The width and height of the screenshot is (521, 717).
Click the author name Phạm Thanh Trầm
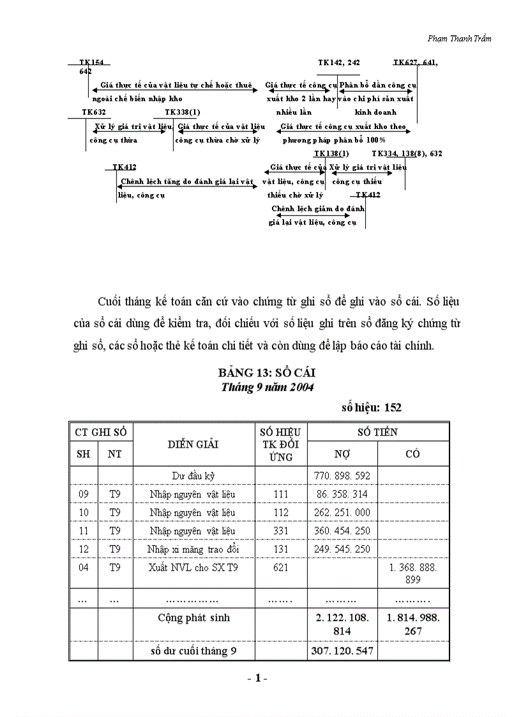coord(459,38)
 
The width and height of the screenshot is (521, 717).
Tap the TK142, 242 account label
coord(339,63)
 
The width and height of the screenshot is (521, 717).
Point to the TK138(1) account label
coord(331,154)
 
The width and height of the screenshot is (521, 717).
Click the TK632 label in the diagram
coord(94,112)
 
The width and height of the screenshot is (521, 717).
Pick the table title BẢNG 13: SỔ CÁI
coord(267,373)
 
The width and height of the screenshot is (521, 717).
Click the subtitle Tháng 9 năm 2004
coord(267,387)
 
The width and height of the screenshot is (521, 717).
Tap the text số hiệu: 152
coord(371,407)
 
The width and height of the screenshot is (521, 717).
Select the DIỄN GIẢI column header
coord(193,444)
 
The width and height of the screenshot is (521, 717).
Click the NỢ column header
coord(342,454)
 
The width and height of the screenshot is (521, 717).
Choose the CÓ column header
coord(412,454)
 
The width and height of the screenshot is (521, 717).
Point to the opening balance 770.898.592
coord(342,476)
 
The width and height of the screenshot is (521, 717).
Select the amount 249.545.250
coord(342,549)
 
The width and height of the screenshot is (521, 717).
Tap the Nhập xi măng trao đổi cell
coord(193,549)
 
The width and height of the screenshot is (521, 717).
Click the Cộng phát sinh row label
coord(194,617)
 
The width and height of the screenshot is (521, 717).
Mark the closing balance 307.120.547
coord(342,651)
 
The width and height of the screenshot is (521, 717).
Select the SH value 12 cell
coord(83,549)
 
